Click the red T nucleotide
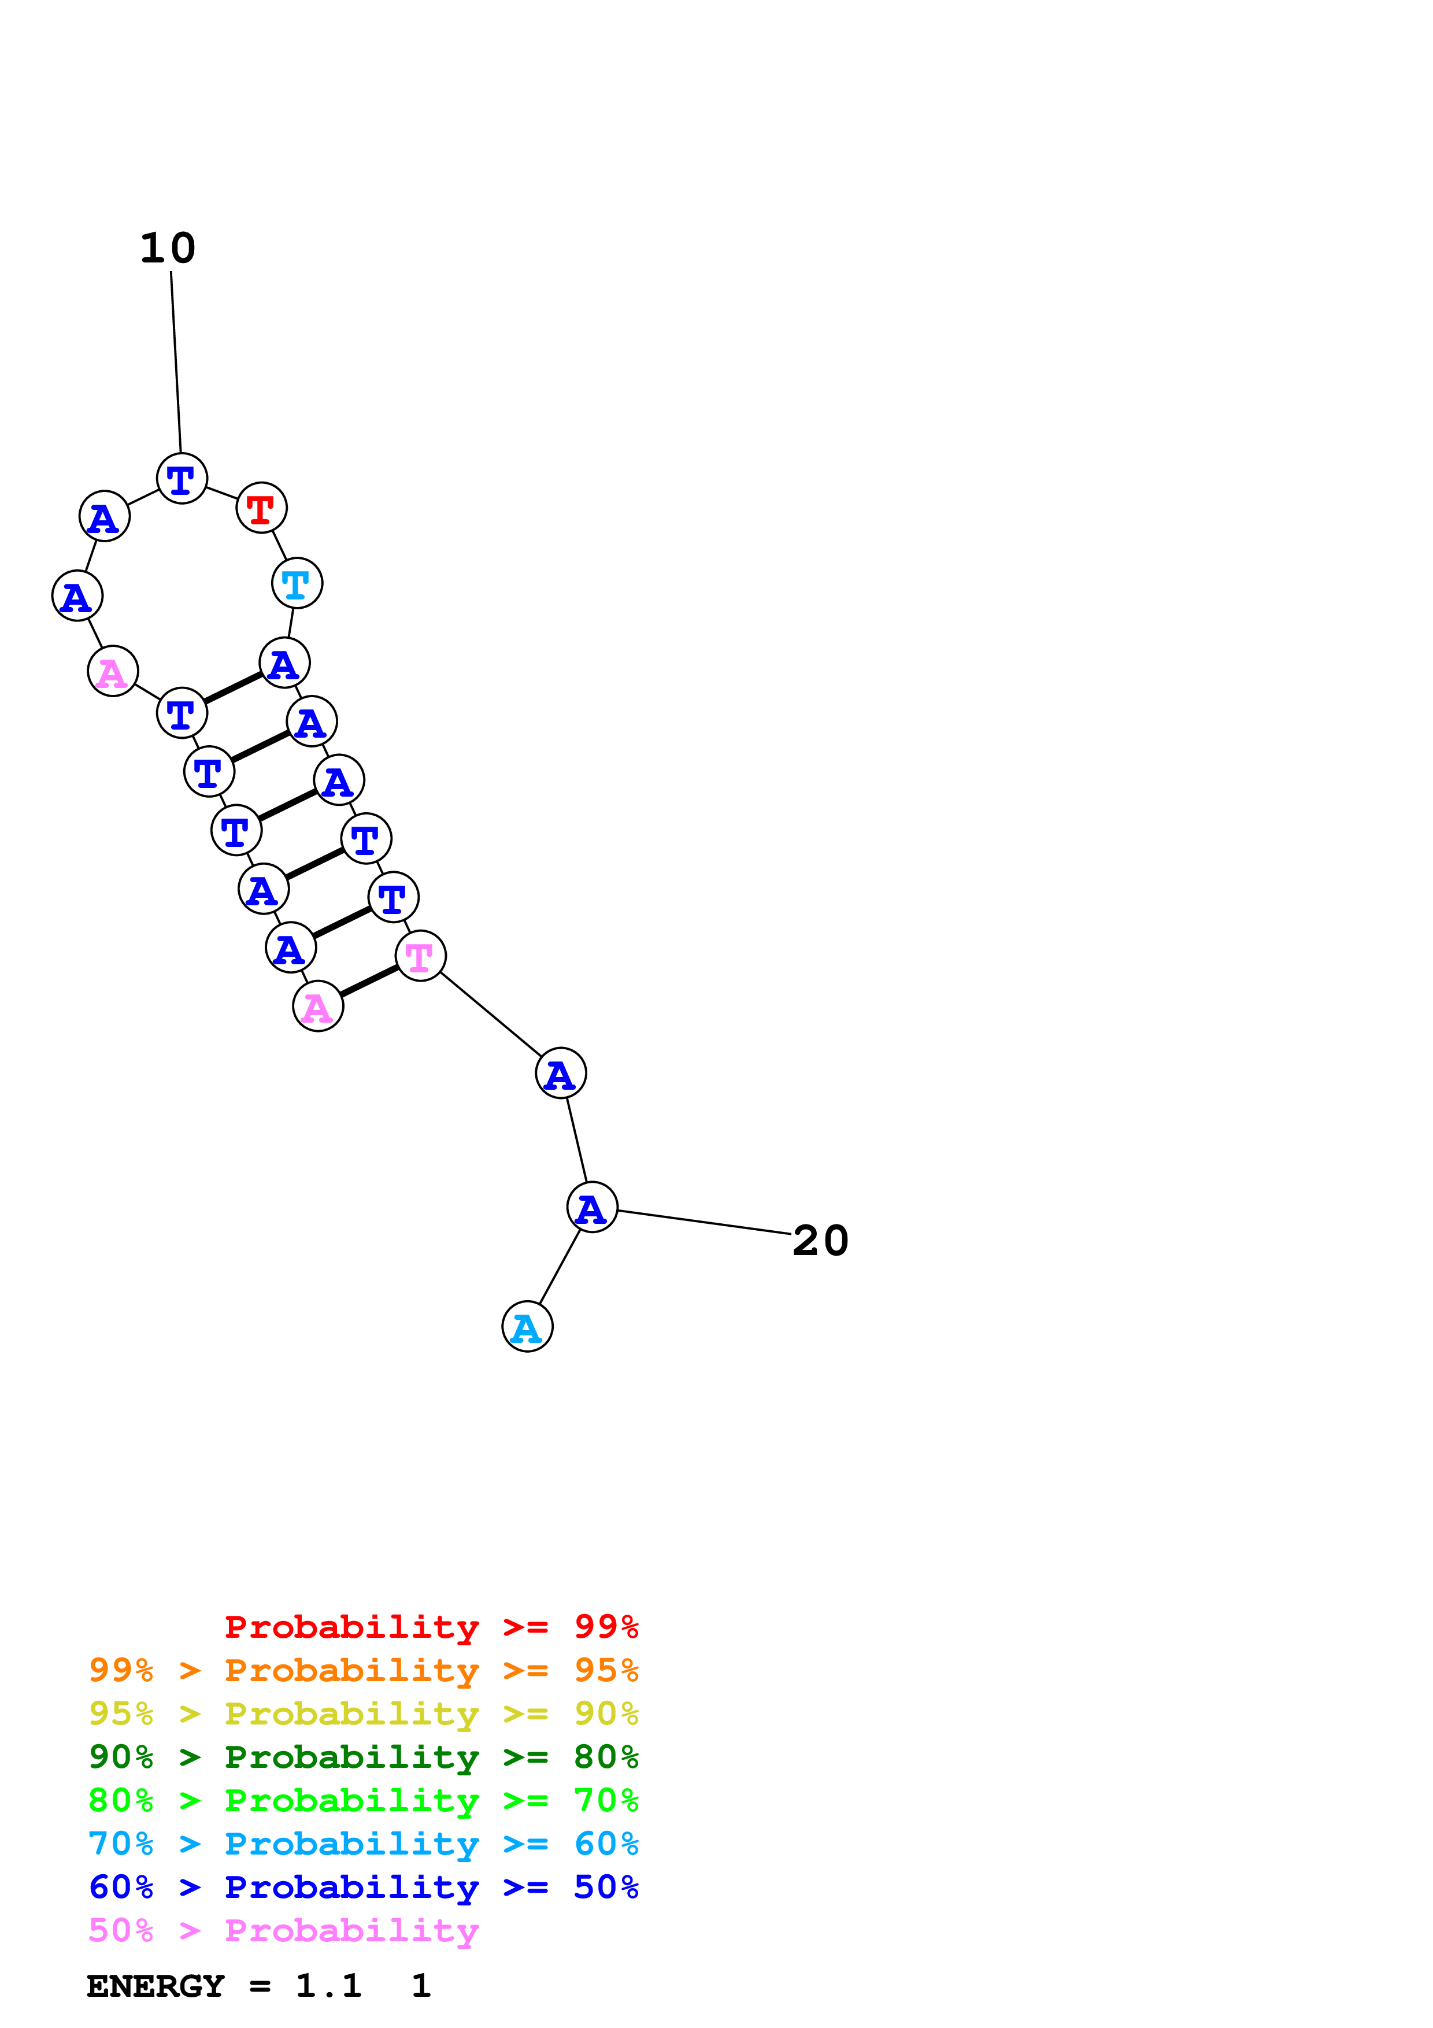261,508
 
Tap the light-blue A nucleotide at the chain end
527,1327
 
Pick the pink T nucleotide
420,956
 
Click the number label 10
168,248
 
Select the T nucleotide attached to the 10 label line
182,479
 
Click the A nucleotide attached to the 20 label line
591,1208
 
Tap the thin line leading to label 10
176,362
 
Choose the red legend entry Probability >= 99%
431,1627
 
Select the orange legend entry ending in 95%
363,1670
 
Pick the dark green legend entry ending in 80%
363,1757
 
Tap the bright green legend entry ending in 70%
363,1800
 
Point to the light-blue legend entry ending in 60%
363,1844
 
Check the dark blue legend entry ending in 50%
363,1887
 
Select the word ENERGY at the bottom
155,1986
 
